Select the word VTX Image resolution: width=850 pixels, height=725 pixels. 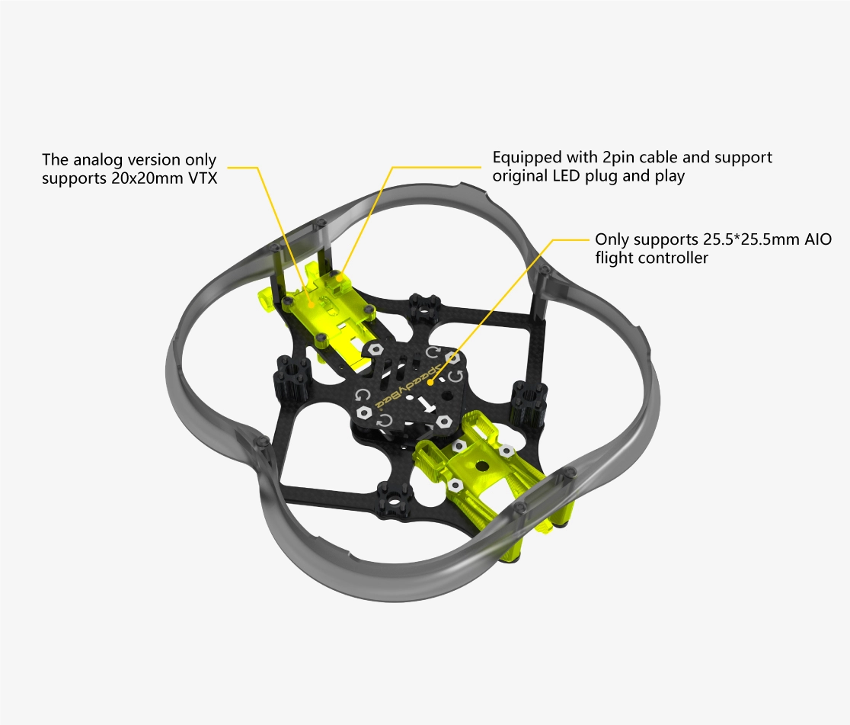[203, 178]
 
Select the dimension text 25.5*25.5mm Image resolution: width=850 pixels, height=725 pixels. [751, 239]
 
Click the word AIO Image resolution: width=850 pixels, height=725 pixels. [818, 239]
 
